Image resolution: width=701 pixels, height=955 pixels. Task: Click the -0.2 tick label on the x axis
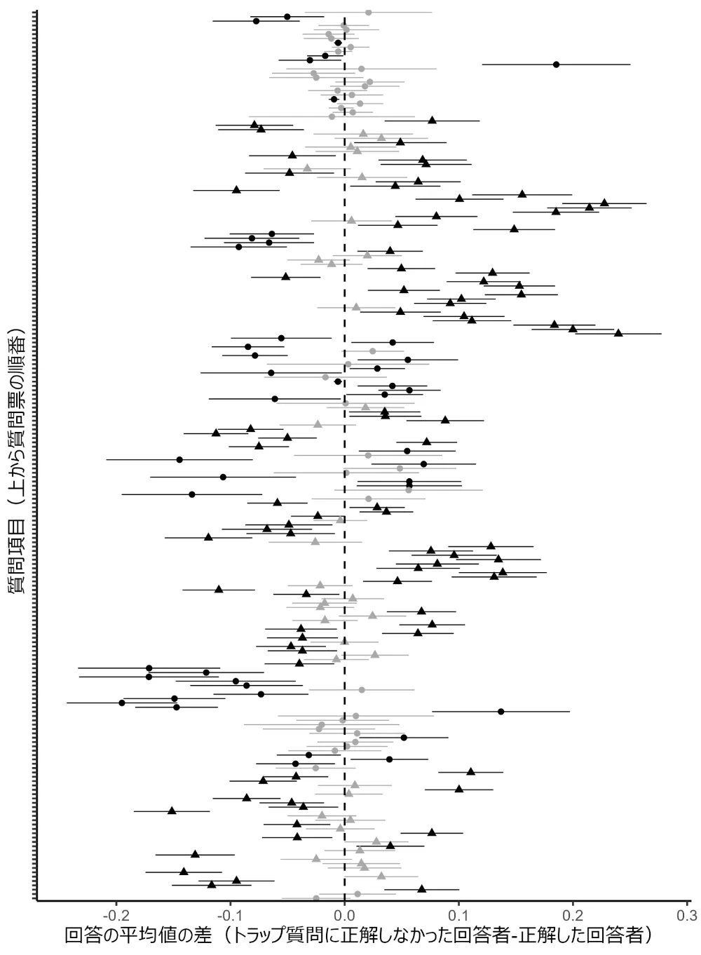click(116, 915)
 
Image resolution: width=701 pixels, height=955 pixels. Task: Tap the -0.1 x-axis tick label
click(230, 915)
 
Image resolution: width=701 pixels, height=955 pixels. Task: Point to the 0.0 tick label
click(344, 915)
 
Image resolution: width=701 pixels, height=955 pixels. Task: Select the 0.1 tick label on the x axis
click(458, 915)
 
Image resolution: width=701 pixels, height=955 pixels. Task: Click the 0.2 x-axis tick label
click(573, 915)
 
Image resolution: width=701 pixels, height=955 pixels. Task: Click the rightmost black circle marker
click(556, 65)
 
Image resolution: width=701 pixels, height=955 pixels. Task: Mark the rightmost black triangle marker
click(618, 333)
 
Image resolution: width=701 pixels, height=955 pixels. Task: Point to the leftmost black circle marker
click(122, 703)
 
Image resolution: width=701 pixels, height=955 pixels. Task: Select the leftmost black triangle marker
click(172, 811)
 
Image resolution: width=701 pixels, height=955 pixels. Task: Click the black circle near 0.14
click(501, 711)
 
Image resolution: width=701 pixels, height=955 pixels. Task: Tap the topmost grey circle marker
click(369, 13)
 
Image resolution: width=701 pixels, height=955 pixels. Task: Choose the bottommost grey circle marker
click(316, 898)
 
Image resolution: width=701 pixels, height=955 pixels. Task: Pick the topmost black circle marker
click(287, 16)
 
